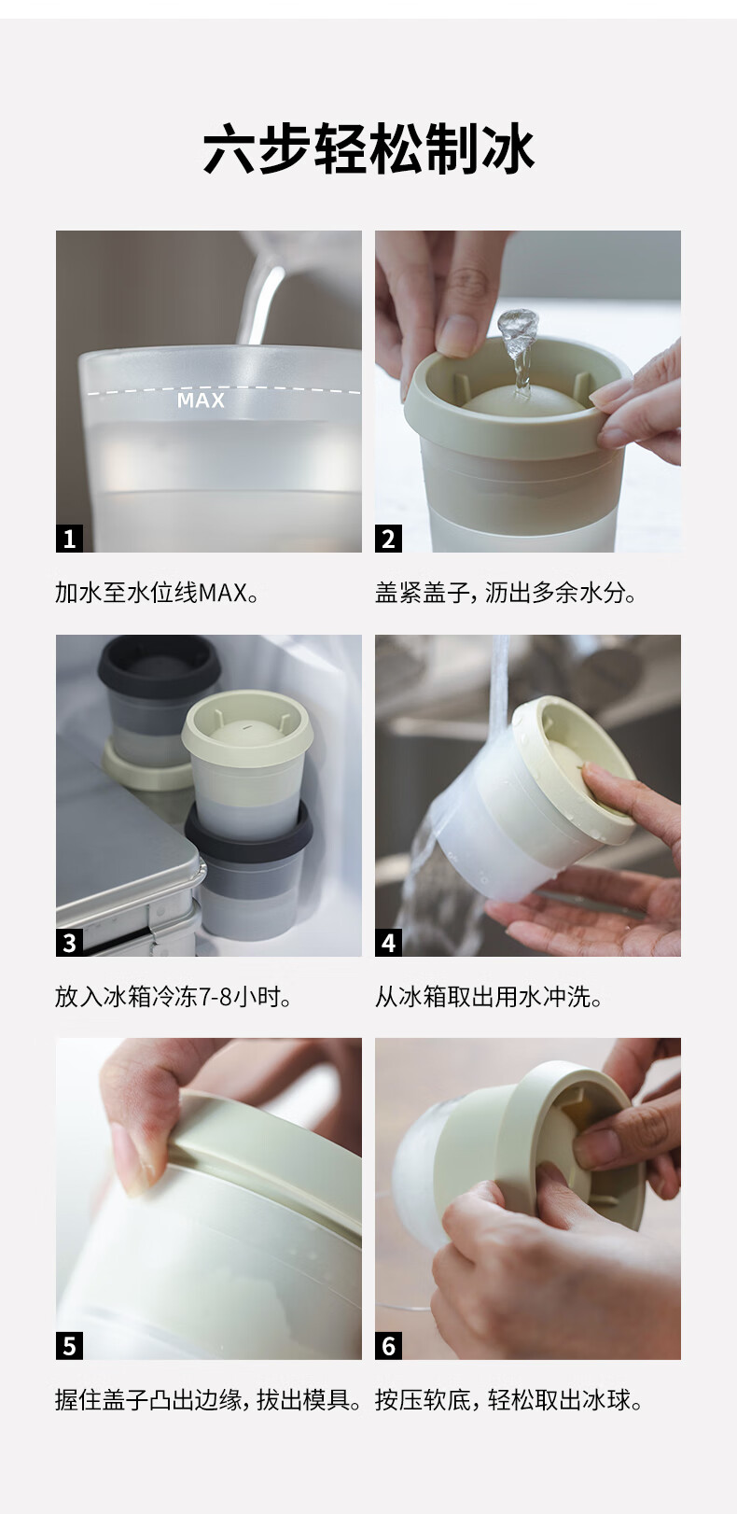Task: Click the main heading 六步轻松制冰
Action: (x=368, y=148)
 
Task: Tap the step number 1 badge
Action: (x=69, y=539)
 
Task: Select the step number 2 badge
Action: (x=388, y=539)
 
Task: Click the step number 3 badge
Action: (x=69, y=942)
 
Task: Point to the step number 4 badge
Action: (x=388, y=942)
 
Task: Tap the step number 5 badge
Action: (x=69, y=1346)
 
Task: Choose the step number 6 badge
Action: (x=388, y=1346)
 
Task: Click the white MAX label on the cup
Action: (x=201, y=400)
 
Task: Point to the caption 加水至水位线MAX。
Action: (x=158, y=593)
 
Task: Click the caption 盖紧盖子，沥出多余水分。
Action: (x=506, y=593)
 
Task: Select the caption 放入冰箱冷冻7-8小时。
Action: (x=174, y=996)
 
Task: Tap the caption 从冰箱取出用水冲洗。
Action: (x=489, y=996)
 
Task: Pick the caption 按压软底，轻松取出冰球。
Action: (x=508, y=1400)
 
